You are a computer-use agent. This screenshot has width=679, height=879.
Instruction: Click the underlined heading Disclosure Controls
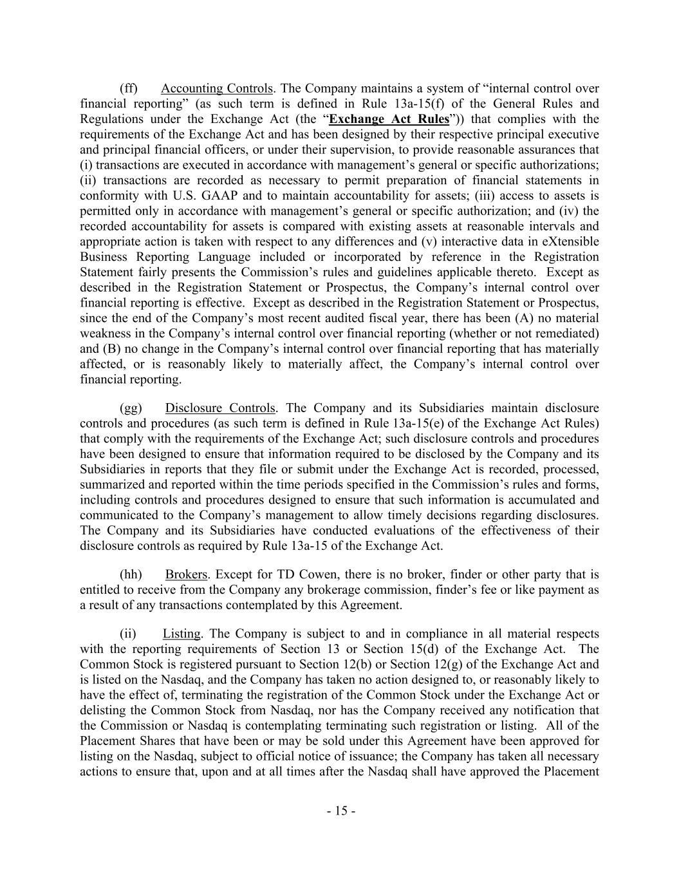point(221,408)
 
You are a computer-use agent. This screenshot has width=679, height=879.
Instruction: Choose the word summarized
point(109,485)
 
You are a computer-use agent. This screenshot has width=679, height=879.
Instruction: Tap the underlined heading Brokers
point(186,574)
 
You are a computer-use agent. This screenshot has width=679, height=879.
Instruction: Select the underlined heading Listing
point(181,634)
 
